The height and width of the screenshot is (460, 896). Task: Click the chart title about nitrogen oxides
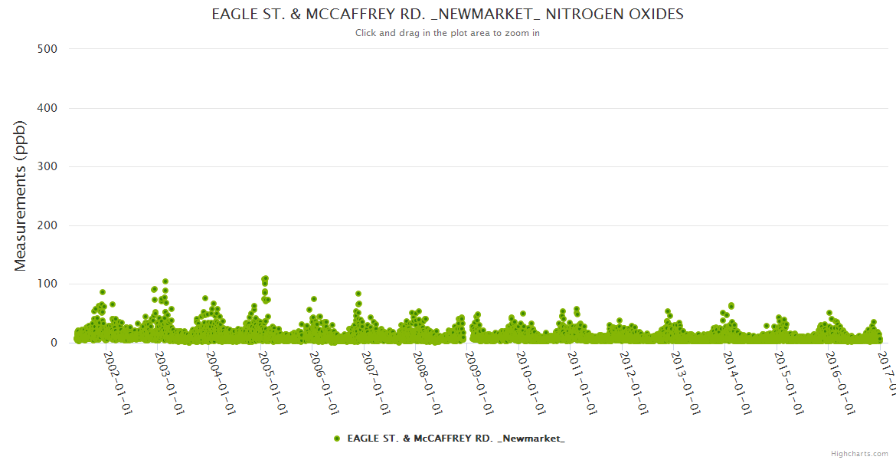447,14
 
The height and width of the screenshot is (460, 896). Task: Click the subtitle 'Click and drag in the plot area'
447,33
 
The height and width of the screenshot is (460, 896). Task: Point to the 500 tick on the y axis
47,49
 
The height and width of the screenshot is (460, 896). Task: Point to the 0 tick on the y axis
53,343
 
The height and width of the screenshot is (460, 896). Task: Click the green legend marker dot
336,439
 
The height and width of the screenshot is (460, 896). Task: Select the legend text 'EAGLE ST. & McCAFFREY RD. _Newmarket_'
456,439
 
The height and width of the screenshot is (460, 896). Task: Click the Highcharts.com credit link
859,453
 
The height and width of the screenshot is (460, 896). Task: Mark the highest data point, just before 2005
265,278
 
